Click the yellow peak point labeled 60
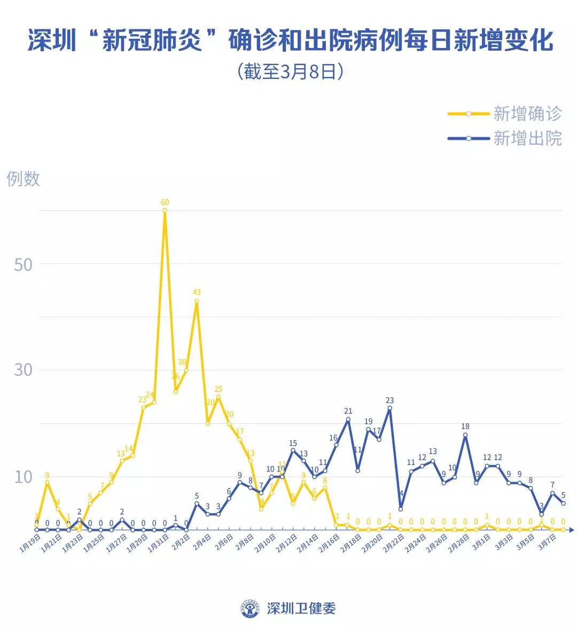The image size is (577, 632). point(165,210)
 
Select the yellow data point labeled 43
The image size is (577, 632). point(197,301)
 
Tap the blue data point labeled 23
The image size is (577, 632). point(389,408)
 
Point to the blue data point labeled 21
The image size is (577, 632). point(348,419)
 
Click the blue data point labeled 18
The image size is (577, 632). point(465,435)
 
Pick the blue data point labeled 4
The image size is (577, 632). point(401,509)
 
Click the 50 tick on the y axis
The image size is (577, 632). point(23,265)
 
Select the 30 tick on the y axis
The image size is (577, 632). point(23,370)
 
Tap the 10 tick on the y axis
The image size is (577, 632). point(23,477)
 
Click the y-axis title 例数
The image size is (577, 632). point(24,179)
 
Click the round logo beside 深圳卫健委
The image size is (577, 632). point(250,609)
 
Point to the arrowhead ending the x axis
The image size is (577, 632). point(571,530)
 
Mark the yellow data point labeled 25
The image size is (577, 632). point(218,397)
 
